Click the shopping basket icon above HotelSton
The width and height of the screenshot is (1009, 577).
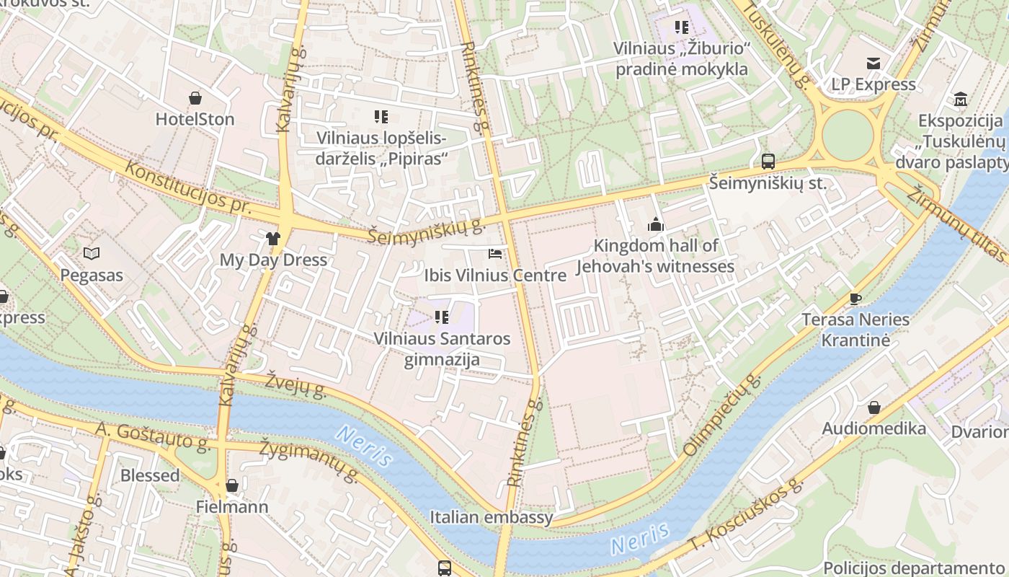[195, 97]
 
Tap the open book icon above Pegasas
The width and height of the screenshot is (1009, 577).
[92, 253]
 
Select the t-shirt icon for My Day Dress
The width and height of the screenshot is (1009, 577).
[272, 238]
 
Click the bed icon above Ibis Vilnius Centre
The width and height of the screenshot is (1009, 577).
[495, 253]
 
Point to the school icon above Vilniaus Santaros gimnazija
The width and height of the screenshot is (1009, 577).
[442, 317]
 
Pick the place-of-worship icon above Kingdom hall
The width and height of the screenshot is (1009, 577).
[655, 224]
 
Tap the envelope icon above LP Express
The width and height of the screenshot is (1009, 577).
[874, 63]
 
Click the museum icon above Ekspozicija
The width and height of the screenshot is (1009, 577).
[961, 99]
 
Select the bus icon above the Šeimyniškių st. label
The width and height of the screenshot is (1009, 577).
[768, 161]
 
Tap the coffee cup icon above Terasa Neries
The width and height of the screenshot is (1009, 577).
[855, 298]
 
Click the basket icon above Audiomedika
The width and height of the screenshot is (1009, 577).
[874, 408]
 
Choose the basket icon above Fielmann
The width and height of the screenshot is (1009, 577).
[232, 485]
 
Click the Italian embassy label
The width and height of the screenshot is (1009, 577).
[492, 517]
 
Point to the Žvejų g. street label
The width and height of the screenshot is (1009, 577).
[295, 385]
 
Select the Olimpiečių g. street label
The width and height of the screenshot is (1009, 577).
[722, 416]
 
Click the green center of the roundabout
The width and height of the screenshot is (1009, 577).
[848, 135]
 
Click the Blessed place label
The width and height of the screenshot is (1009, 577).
[150, 475]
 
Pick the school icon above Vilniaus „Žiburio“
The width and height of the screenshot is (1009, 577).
[681, 27]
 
